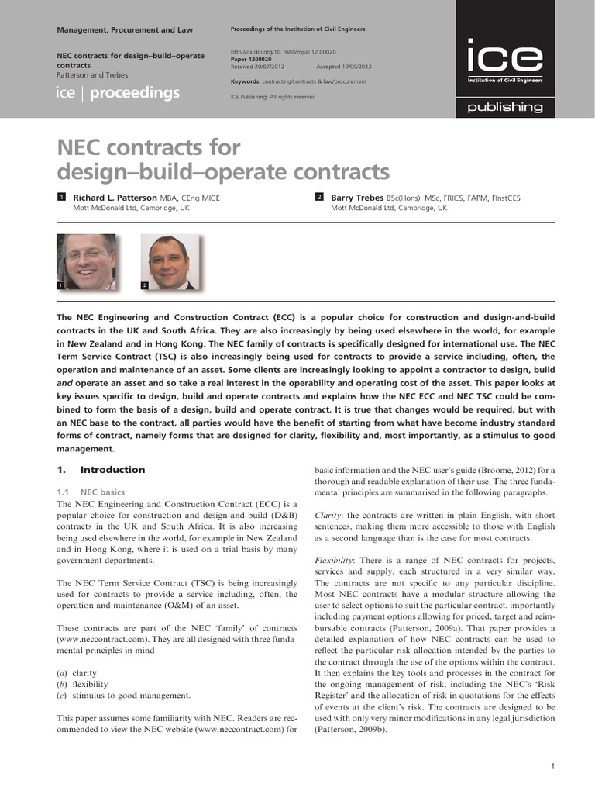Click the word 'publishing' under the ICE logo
pyautogui.click(x=504, y=107)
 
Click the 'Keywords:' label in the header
pyautogui.click(x=246, y=81)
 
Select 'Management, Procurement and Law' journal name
pyautogui.click(x=125, y=29)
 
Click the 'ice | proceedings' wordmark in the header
pyautogui.click(x=119, y=94)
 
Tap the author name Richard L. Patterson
pyautogui.click(x=115, y=198)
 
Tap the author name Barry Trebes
pyautogui.click(x=356, y=198)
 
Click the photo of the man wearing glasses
pyautogui.click(x=87, y=261)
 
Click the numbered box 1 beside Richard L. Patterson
pyautogui.click(x=62, y=198)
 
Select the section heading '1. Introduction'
pyautogui.click(x=101, y=469)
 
